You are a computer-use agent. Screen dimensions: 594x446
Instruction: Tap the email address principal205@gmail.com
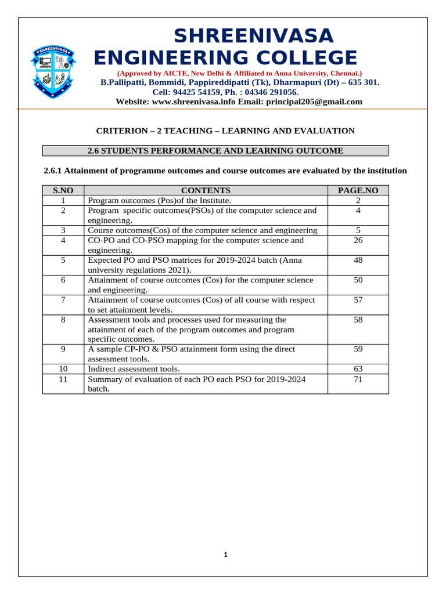314,102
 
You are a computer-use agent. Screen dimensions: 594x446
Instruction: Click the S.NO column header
63,190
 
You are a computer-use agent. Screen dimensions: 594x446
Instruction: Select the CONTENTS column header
206,190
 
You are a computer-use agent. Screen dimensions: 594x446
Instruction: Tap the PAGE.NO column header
358,190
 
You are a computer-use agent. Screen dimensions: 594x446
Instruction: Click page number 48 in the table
358,260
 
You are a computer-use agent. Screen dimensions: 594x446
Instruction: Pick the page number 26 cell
358,240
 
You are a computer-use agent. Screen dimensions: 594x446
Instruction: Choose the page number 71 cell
358,379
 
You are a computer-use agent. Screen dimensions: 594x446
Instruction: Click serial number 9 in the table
63,349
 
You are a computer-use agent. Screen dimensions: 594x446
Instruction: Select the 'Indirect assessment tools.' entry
134,369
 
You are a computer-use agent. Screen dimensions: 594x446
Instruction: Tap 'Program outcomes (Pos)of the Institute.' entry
159,200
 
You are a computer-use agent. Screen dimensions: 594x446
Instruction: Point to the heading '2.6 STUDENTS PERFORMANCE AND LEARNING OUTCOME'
215,151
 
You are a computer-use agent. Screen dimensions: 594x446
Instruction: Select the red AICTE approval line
239,74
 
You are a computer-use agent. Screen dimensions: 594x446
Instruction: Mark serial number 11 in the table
63,379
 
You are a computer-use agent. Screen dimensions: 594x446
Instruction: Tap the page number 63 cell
358,369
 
